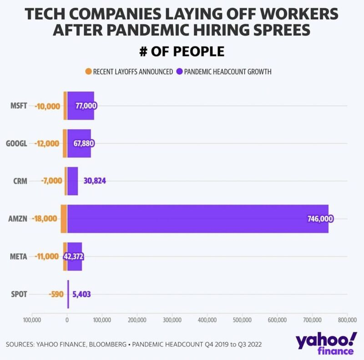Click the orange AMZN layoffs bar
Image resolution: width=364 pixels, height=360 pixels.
[x=64, y=219]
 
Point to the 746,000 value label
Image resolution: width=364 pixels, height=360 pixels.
[x=320, y=219]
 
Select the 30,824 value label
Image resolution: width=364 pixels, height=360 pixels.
[x=95, y=181]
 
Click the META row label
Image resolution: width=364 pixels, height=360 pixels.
[x=19, y=256]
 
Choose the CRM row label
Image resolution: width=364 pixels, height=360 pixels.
[x=20, y=181]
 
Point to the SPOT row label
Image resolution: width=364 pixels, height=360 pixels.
[x=19, y=294]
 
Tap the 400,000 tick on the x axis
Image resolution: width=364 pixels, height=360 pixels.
[x=207, y=319]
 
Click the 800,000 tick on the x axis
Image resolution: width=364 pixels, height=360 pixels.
[x=347, y=319]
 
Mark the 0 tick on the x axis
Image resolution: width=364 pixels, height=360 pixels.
[x=67, y=319]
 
